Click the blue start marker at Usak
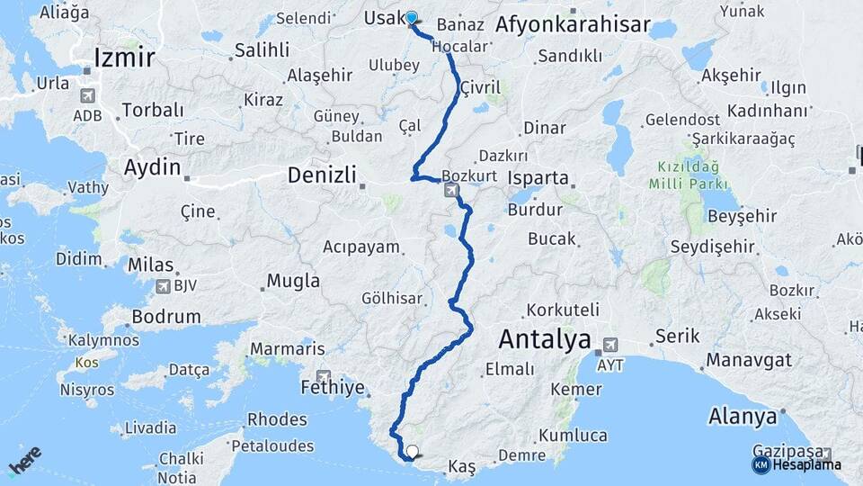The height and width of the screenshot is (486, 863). coord(412,18)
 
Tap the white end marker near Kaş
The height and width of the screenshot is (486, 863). coord(413,452)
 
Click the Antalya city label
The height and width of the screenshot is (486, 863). coord(544,340)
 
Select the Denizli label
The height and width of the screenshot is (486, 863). coord(322,175)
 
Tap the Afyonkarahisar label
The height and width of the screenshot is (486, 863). coord(572,25)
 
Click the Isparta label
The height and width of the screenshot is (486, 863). coord(538,177)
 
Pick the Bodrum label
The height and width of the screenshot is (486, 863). coord(165,317)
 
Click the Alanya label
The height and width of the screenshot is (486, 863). coord(742,417)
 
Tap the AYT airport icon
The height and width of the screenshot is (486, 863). coord(610,344)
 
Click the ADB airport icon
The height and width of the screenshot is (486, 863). coord(87,95)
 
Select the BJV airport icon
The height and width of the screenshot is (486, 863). coord(163,287)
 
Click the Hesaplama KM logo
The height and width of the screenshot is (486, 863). coord(796,464)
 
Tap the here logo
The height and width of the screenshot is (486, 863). coord(24,460)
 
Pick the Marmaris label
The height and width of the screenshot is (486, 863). coord(288,348)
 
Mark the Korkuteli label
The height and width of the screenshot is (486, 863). coord(564,310)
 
